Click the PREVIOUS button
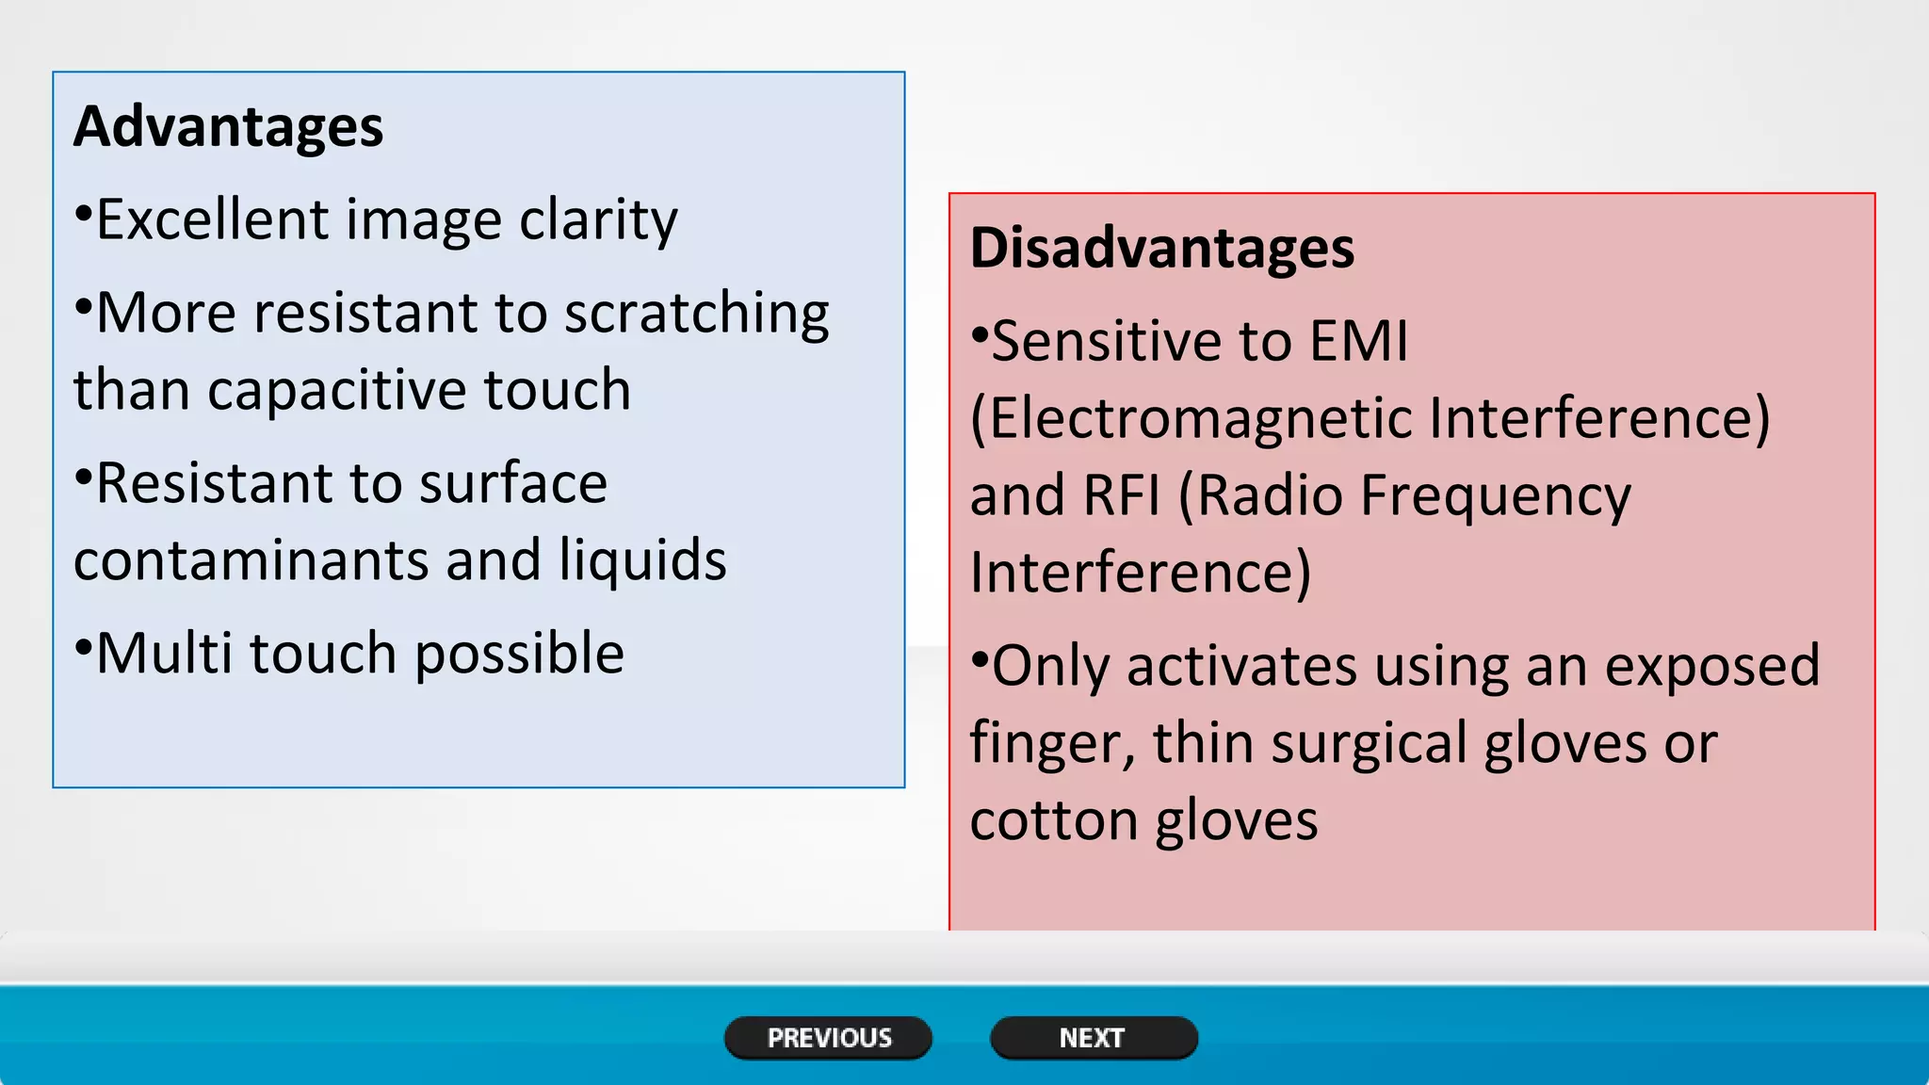point(828,1038)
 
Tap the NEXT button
point(1093,1038)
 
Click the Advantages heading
point(229,126)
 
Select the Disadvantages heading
point(1162,248)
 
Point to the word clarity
point(598,221)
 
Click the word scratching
point(696,314)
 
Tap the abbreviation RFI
point(1121,495)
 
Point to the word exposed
point(1711,667)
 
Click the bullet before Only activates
point(980,656)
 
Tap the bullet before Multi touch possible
point(84,645)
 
